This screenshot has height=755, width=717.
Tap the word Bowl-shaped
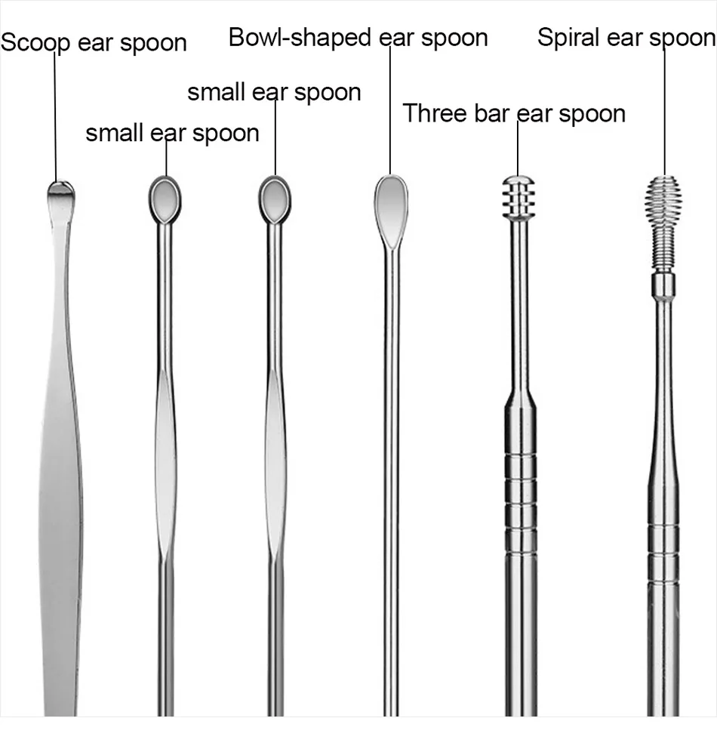pyautogui.click(x=300, y=38)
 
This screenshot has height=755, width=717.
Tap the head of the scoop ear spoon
pyautogui.click(x=60, y=196)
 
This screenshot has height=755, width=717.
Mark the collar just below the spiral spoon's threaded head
pyautogui.click(x=663, y=285)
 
